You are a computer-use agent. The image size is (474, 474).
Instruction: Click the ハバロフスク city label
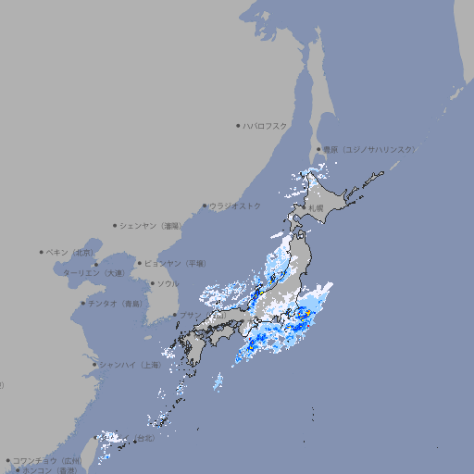coord(266,125)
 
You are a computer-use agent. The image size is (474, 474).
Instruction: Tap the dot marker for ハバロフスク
coord(238,125)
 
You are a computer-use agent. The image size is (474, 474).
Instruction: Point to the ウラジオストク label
coord(235,206)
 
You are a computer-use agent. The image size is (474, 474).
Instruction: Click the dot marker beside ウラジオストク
coord(205,206)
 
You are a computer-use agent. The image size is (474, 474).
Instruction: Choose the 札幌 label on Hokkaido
coord(318,208)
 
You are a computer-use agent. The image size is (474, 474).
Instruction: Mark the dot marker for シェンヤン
coord(116,225)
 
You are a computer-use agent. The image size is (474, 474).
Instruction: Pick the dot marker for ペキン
coord(42,252)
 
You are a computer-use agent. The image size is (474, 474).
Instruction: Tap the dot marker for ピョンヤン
coord(141,264)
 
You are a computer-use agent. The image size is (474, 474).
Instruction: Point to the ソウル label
coord(168,283)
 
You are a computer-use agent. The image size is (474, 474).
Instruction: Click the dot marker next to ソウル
coord(151,283)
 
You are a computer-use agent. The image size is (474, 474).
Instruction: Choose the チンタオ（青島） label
coord(116,303)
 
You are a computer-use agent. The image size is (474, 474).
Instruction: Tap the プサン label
coord(190,316)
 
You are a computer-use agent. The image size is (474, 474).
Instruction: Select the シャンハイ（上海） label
coord(130,365)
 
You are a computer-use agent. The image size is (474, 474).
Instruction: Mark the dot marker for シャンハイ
coord(94,365)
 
